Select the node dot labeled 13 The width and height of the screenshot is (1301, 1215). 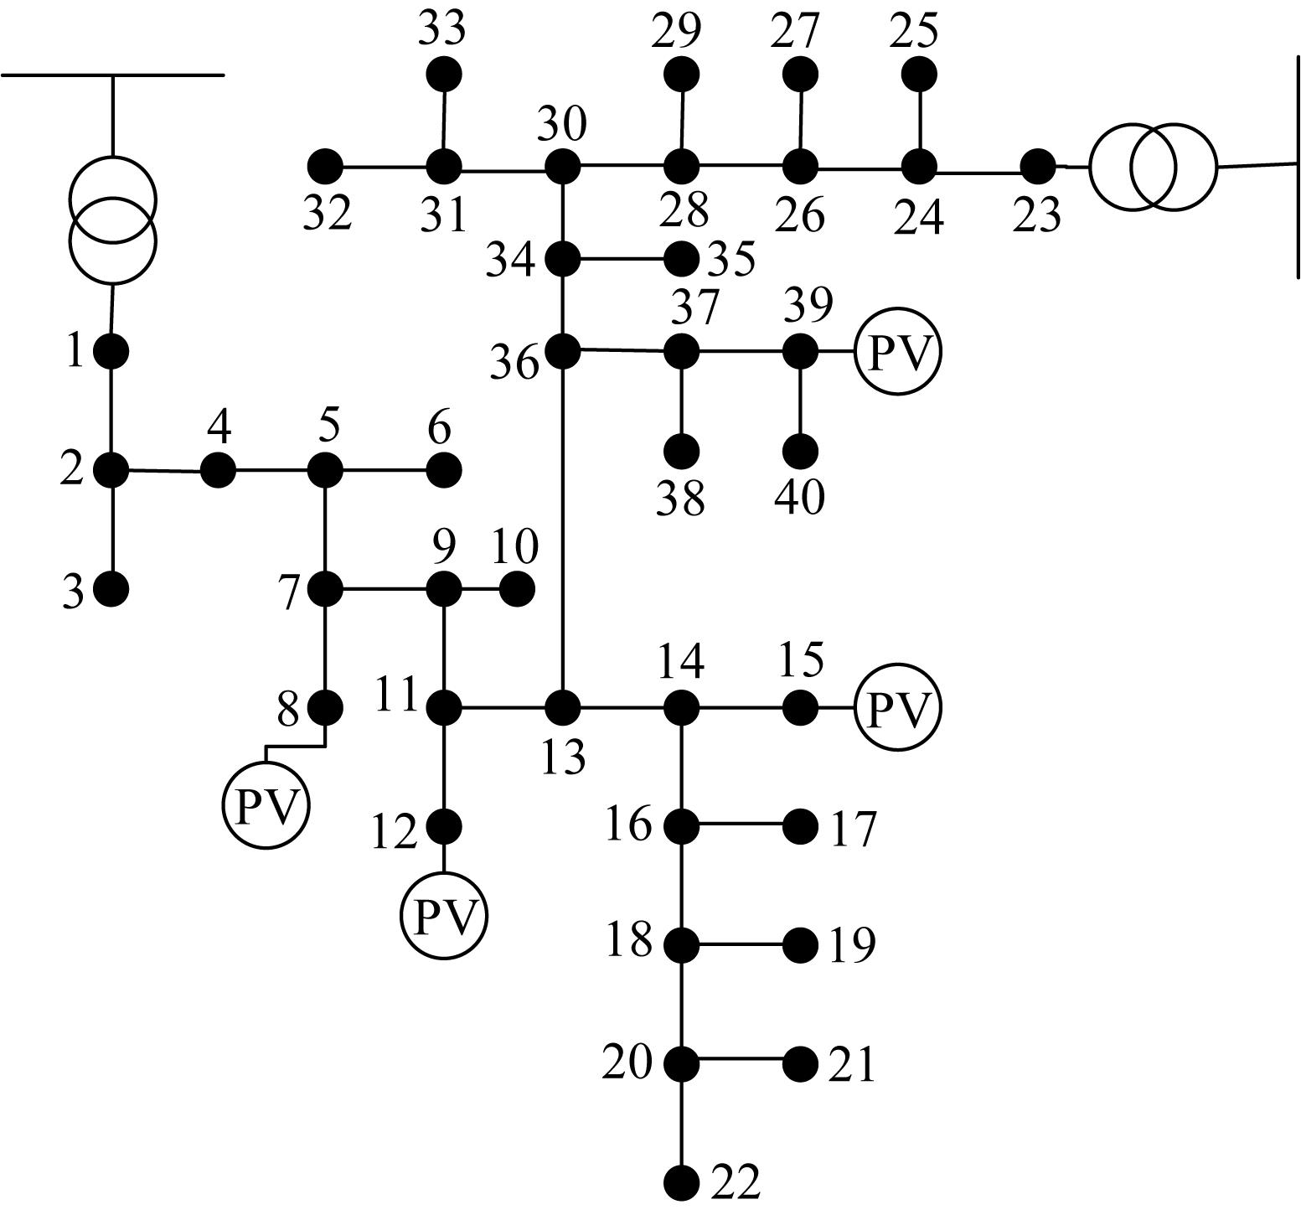click(x=562, y=708)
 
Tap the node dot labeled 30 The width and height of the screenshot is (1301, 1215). click(x=562, y=167)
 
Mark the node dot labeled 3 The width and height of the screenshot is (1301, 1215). click(x=111, y=590)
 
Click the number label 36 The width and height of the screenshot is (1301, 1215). click(x=514, y=364)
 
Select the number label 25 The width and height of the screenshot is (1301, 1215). click(x=914, y=31)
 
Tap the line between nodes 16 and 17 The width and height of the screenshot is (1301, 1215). click(x=741, y=826)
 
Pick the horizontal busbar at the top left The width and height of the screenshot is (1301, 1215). click(x=113, y=75)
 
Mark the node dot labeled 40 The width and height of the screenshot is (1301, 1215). click(x=800, y=452)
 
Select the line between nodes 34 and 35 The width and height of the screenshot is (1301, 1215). click(x=622, y=260)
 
